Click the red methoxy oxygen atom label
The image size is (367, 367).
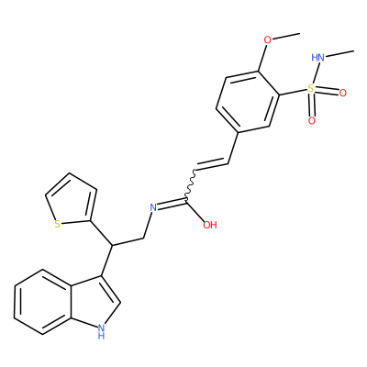(x=268, y=40)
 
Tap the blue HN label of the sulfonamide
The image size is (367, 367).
(x=317, y=57)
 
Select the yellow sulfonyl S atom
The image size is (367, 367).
(x=311, y=89)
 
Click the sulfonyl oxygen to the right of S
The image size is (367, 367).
(x=343, y=93)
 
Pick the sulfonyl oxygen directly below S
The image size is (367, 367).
(x=312, y=121)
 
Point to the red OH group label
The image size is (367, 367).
(x=210, y=225)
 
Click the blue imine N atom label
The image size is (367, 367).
(x=153, y=207)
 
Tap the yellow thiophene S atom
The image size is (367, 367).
(x=57, y=224)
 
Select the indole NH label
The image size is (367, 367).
(x=101, y=331)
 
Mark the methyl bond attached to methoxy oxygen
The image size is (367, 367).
(x=286, y=36)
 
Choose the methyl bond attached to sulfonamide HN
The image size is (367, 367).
(x=339, y=53)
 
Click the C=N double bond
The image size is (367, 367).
(x=172, y=204)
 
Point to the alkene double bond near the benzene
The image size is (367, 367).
(x=212, y=164)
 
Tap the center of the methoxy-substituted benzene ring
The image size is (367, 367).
(x=248, y=102)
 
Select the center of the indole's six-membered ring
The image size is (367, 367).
(x=42, y=302)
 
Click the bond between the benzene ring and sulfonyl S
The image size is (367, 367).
(x=294, y=92)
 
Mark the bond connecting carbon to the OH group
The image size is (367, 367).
(x=195, y=211)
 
